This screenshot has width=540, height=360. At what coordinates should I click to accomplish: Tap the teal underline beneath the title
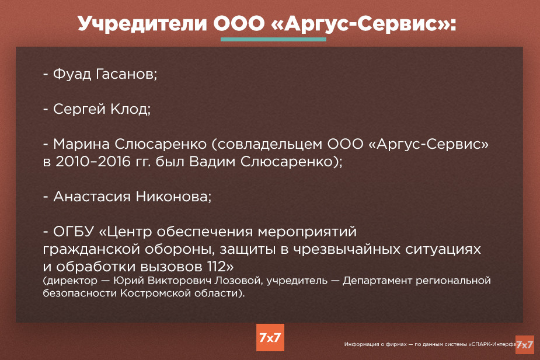pyautogui.click(x=273, y=39)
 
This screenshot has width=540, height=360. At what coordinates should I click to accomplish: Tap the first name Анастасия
pyautogui.click(x=92, y=197)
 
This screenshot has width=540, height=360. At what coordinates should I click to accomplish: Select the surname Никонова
pyautogui.click(x=173, y=197)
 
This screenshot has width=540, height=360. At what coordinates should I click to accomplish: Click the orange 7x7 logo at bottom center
pyautogui.click(x=270, y=337)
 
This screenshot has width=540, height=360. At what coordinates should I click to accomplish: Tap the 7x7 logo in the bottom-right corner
pyautogui.click(x=524, y=344)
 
